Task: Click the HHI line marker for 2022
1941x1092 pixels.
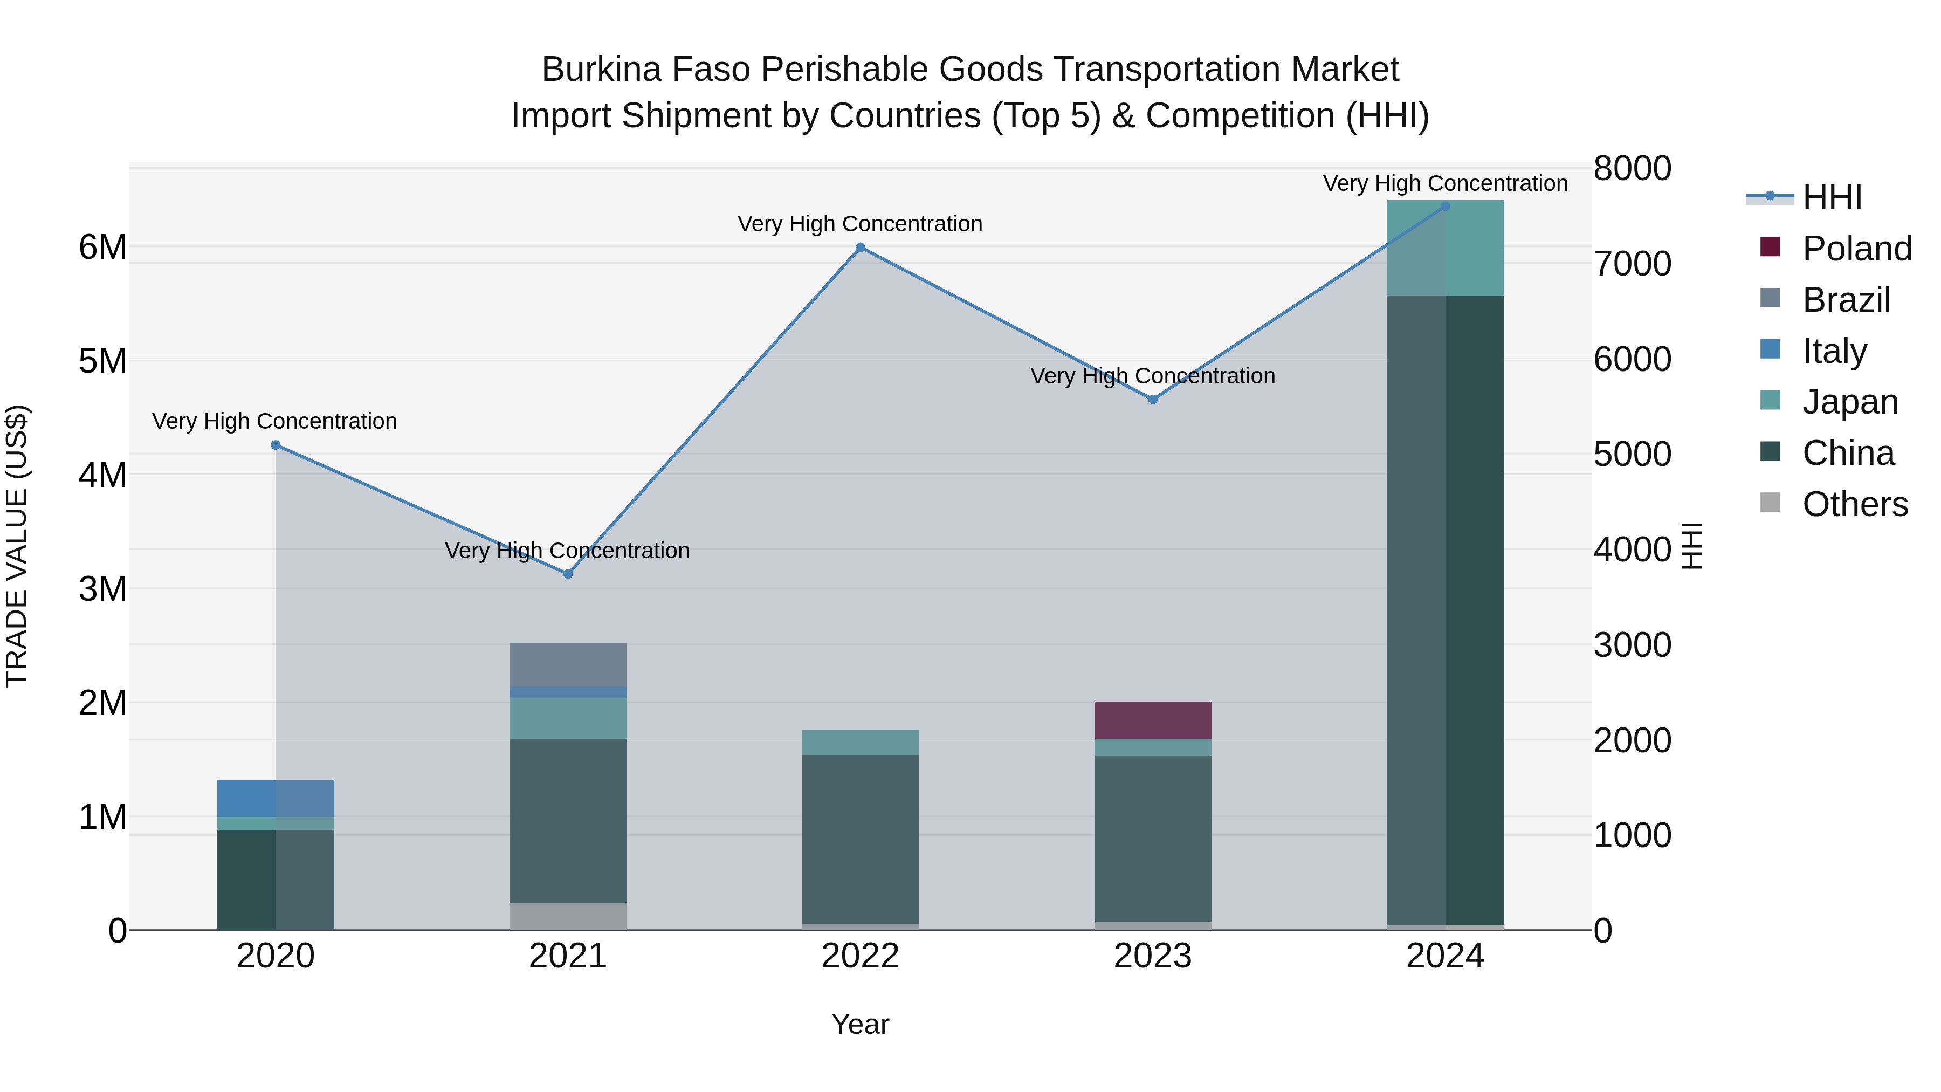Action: coord(860,247)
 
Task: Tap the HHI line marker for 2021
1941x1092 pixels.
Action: coord(568,574)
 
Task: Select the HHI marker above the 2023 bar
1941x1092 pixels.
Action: coord(1152,400)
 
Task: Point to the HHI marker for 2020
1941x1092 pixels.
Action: coord(276,445)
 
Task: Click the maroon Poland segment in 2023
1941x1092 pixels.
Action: coord(1152,720)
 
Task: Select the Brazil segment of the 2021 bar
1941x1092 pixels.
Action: coord(568,664)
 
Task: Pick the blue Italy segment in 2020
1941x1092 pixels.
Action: coord(276,798)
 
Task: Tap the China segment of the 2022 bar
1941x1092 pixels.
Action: coord(860,839)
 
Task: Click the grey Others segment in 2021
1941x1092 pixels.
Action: coord(568,916)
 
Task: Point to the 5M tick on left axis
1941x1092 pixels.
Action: coord(102,361)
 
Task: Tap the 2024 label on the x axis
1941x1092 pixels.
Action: coord(1444,956)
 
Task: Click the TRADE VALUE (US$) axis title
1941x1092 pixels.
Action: coord(17,546)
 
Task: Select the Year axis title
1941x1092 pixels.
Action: coord(860,1024)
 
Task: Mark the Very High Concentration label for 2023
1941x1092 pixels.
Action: coord(1152,376)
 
